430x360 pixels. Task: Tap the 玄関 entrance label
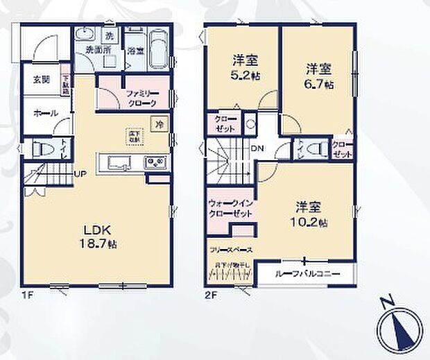pyautogui.click(x=41, y=79)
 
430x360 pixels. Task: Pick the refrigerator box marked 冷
pyautogui.click(x=160, y=124)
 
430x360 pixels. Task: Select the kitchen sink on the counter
pyautogui.click(x=118, y=163)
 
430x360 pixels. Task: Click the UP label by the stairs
pyautogui.click(x=81, y=173)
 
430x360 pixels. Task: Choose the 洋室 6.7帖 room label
pyautogui.click(x=318, y=76)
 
